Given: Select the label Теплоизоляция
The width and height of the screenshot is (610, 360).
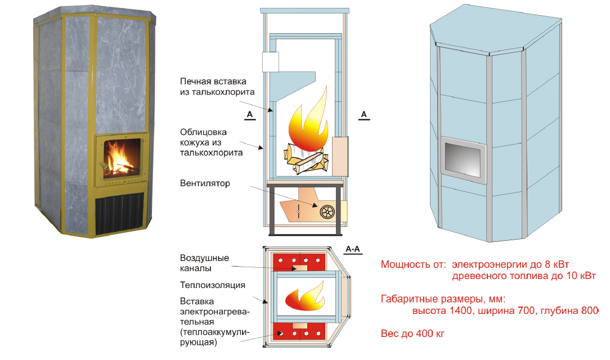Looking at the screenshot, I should (x=212, y=285).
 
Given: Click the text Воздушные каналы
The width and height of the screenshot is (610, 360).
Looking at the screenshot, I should (x=204, y=263).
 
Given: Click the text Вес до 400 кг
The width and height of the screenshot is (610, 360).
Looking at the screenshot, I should (x=412, y=334).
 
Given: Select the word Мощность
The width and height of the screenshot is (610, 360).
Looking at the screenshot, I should (x=404, y=264).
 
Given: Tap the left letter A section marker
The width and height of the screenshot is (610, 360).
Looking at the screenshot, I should (x=250, y=114).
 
